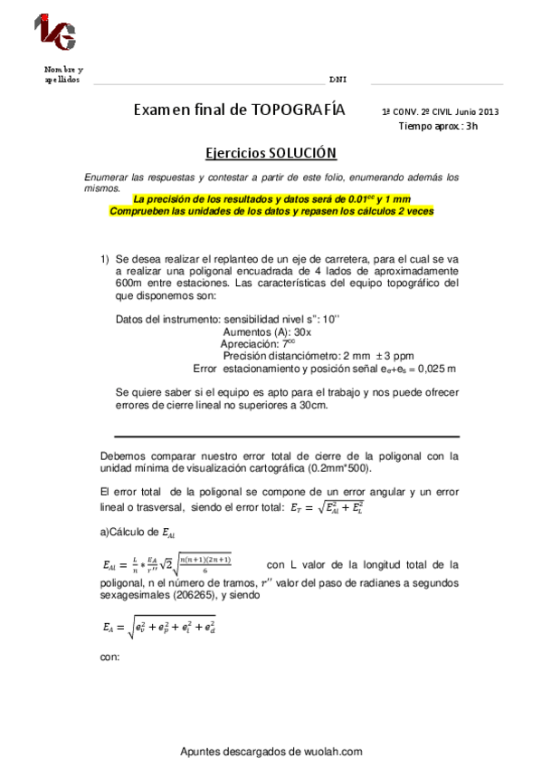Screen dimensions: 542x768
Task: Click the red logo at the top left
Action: pyautogui.click(x=55, y=33)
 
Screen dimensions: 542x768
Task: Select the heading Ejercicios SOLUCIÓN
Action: pyautogui.click(x=271, y=153)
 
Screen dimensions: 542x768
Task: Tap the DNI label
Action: pyautogui.click(x=338, y=80)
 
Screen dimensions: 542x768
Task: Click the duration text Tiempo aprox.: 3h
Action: pyautogui.click(x=438, y=126)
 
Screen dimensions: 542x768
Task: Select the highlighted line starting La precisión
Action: pyautogui.click(x=271, y=198)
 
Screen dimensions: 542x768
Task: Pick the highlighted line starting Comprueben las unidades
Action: pyautogui.click(x=271, y=210)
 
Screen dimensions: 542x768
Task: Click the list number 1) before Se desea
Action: pyautogui.click(x=105, y=258)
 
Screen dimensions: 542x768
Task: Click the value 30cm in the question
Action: pyautogui.click(x=316, y=405)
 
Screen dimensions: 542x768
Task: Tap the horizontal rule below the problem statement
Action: pyautogui.click(x=286, y=436)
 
